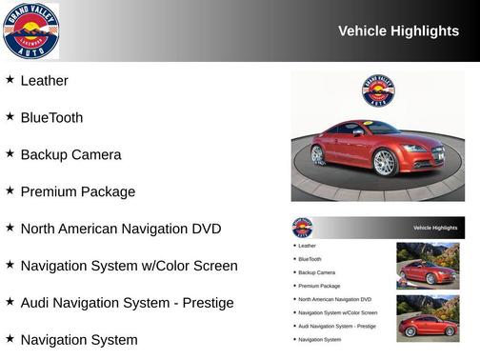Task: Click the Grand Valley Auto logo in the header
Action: pos(31,30)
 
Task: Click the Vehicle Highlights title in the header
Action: pos(398,31)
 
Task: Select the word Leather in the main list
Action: pos(44,81)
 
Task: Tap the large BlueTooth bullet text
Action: pos(51,118)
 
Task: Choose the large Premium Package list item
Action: pos(78,192)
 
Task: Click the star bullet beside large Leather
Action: pos(10,80)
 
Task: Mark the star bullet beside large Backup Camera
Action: pos(10,154)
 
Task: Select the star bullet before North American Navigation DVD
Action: pos(10,229)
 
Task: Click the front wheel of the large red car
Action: pos(385,162)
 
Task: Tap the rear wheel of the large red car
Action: pos(319,153)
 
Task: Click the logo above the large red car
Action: pos(378,90)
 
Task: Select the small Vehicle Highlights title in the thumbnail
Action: pos(435,228)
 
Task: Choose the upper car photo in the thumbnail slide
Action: pos(428,265)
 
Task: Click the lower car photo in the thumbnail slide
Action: pos(428,317)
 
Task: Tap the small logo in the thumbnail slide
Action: pos(302,228)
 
